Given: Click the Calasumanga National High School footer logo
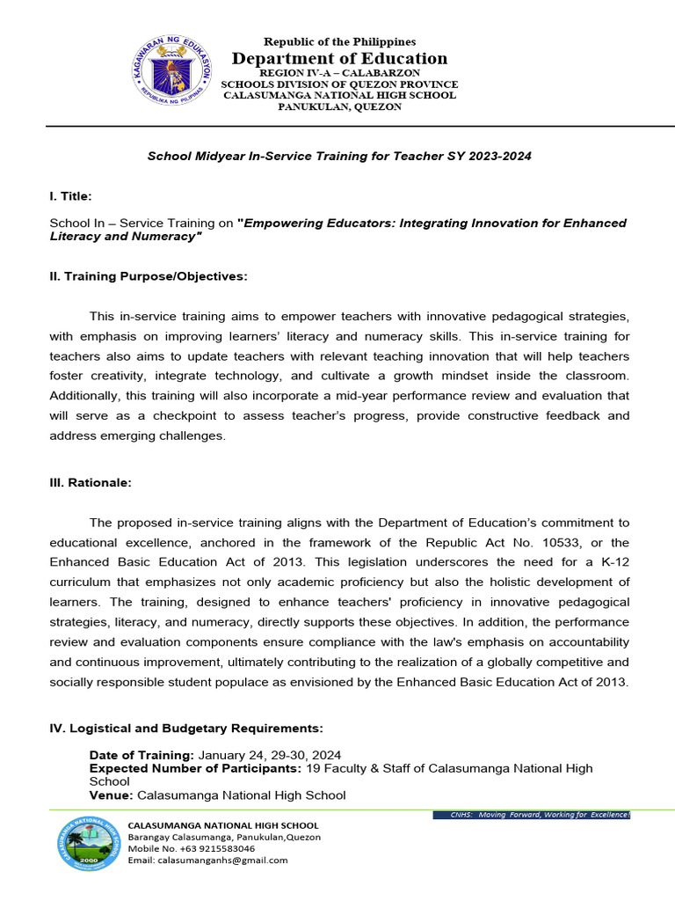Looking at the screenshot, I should (x=91, y=843).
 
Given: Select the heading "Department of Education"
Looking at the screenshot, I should (x=339, y=59).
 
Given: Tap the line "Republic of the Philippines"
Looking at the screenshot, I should (x=339, y=41).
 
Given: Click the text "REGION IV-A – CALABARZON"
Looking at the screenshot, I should (x=339, y=72).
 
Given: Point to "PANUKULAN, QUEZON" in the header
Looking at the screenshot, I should (x=339, y=106).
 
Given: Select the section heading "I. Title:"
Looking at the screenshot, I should (x=70, y=195).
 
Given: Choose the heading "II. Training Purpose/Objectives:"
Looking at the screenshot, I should (x=149, y=276).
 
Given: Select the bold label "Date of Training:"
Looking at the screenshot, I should (x=142, y=755).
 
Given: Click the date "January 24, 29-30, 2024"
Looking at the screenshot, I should (x=270, y=755).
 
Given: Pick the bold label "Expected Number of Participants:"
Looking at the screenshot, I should (x=195, y=768).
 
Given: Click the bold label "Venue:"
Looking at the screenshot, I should (x=112, y=795).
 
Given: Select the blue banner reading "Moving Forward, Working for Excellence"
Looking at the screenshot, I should (x=532, y=815).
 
